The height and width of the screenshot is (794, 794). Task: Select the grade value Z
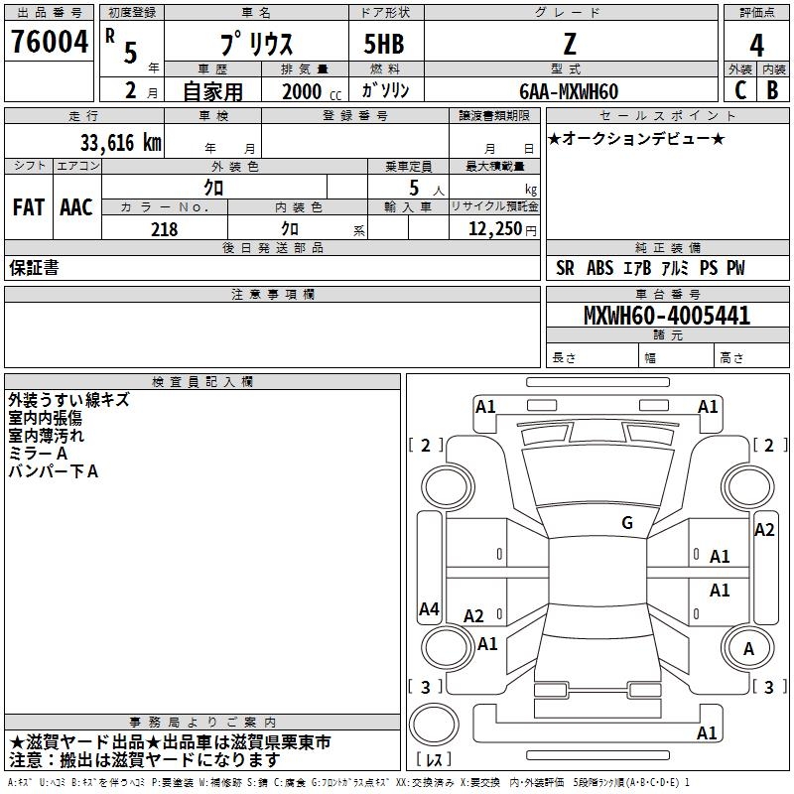pos(570,45)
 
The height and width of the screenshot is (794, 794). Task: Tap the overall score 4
pos(756,46)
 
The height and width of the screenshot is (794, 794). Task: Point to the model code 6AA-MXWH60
pos(568,91)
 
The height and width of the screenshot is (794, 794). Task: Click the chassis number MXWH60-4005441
pos(666,317)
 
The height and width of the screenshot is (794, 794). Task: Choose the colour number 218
pos(164,229)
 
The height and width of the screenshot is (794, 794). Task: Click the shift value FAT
pos(29,207)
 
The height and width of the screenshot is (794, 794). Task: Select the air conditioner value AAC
pos(76,207)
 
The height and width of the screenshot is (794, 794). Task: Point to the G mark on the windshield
pos(626,523)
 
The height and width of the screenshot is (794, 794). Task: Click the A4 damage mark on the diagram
pos(429,609)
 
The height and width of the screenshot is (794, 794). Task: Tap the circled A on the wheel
pos(748,649)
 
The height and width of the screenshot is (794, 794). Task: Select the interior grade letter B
pos(772,90)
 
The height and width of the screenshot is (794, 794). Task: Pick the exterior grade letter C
pos(739,90)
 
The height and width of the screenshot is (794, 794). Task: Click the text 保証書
pos(34,268)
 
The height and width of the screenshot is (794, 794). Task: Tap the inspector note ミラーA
pos(38,454)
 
